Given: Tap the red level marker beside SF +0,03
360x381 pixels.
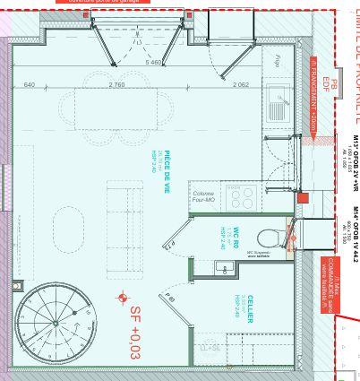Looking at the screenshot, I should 123,298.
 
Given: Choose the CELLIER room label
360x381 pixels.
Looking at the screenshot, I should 249,306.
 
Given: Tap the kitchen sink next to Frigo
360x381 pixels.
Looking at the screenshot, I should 276,110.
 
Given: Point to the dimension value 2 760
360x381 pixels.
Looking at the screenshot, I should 116,84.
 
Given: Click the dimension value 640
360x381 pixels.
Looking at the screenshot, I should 29,84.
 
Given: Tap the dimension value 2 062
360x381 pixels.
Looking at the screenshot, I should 240,84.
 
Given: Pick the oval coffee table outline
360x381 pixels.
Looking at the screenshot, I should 69,231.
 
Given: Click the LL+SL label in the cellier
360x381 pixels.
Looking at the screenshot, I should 210,346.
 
